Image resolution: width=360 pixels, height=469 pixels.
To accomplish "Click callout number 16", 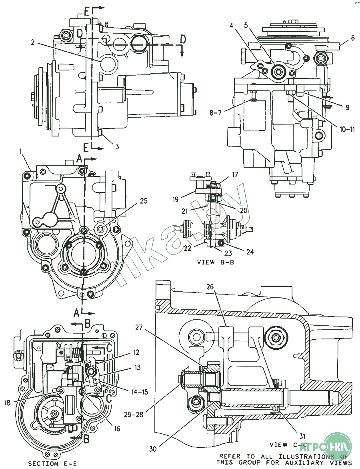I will [x=117, y=428].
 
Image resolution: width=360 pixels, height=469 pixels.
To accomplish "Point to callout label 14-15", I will [x=140, y=392].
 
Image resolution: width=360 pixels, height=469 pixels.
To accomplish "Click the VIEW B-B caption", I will [x=216, y=262].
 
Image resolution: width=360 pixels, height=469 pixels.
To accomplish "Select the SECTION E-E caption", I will [x=52, y=463].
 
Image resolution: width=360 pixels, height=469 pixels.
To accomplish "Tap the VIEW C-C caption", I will [x=288, y=445].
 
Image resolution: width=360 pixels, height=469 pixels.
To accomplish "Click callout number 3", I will [x=117, y=147].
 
